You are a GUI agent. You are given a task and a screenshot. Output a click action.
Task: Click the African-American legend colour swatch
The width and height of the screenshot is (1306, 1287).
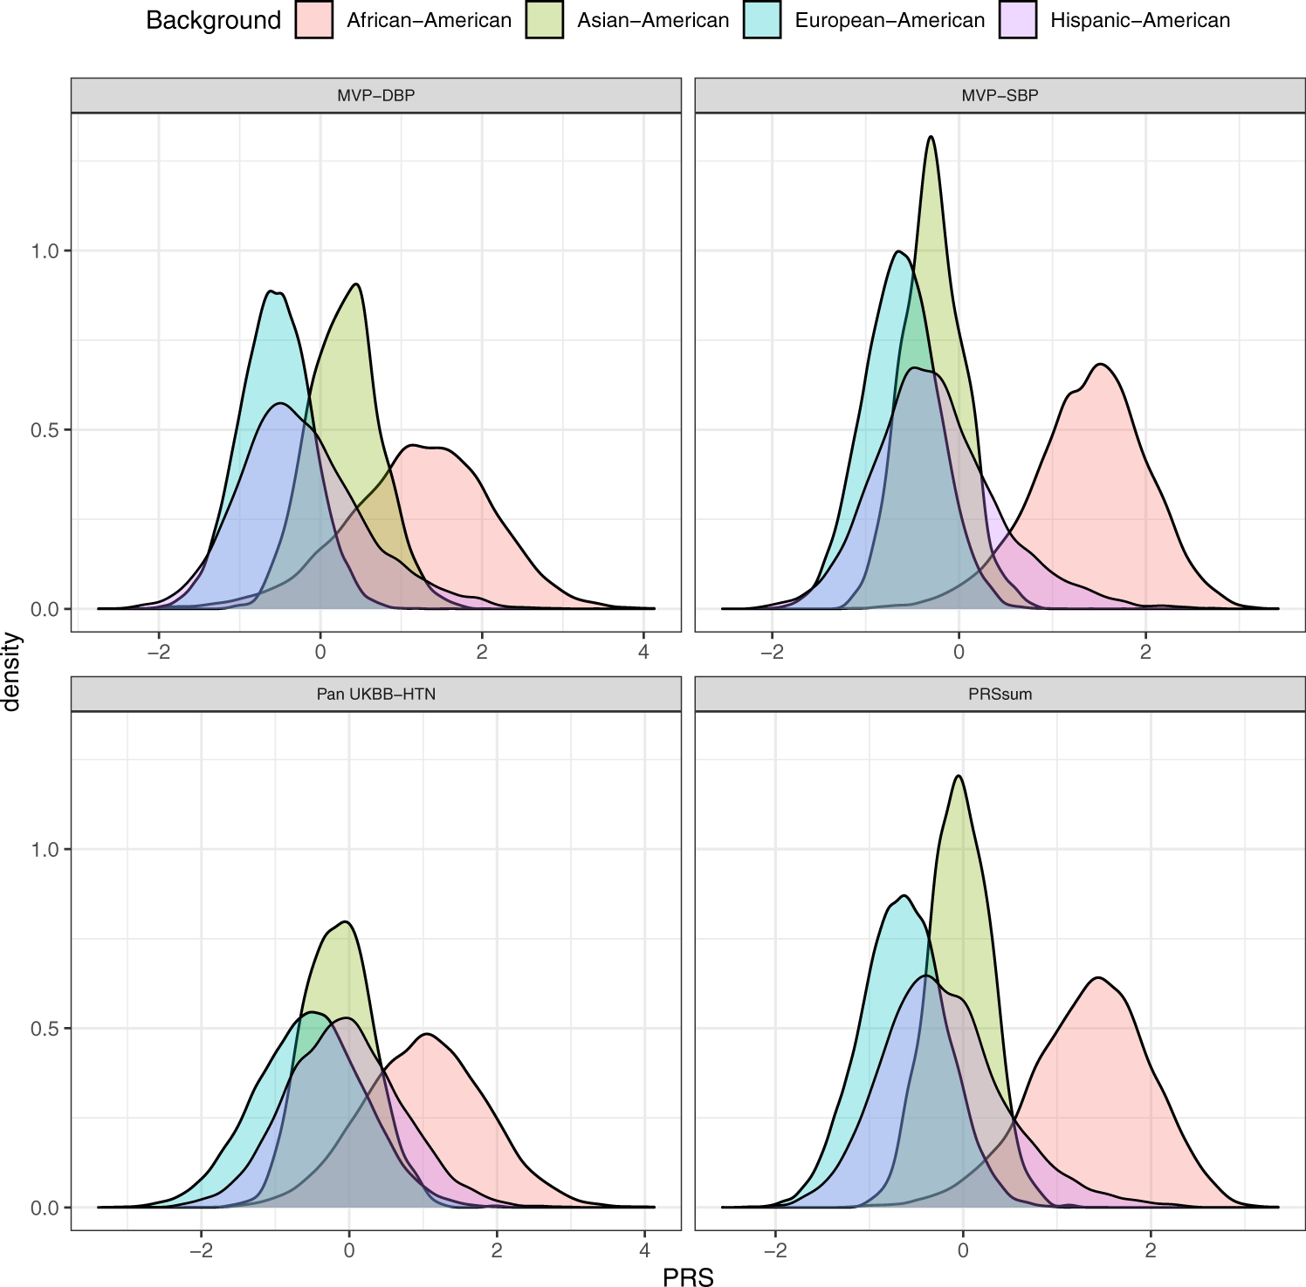point(314,21)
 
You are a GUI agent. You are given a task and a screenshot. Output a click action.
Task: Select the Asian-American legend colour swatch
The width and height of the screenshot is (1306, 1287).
point(544,21)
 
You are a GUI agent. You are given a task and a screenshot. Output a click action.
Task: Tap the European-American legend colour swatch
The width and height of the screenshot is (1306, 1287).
point(761,21)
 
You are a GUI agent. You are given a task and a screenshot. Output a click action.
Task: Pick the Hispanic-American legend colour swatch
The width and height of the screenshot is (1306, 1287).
point(1018,21)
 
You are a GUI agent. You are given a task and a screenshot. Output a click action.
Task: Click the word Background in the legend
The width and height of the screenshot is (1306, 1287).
point(213,21)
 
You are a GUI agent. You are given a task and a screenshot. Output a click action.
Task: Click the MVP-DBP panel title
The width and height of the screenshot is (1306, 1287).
point(375,96)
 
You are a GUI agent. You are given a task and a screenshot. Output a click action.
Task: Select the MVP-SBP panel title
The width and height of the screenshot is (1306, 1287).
point(1000,96)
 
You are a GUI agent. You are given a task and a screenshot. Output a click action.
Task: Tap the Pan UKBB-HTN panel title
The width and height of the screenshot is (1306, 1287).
point(375,695)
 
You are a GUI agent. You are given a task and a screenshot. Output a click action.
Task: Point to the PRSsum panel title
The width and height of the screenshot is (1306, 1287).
point(1000,695)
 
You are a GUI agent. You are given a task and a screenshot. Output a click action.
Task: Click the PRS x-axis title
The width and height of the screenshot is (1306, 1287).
point(688,1277)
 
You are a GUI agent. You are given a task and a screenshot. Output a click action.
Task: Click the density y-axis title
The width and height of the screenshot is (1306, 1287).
point(11,672)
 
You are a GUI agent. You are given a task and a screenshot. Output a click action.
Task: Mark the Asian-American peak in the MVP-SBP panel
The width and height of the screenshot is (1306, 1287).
point(931,137)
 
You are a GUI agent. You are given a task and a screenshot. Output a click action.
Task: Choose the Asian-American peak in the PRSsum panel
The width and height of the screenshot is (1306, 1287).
point(959,776)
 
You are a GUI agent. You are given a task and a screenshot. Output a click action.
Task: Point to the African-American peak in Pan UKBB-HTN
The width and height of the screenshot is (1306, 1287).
point(425,1035)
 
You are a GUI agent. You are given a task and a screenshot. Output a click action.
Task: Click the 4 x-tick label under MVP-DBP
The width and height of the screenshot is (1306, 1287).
point(643,653)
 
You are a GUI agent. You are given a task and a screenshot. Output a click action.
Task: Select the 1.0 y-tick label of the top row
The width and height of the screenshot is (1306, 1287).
point(45,251)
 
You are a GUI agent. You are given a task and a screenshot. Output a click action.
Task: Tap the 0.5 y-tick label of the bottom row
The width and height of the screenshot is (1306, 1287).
point(45,1029)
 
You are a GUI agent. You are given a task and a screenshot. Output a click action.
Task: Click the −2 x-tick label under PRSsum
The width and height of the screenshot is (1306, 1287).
point(774,1250)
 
